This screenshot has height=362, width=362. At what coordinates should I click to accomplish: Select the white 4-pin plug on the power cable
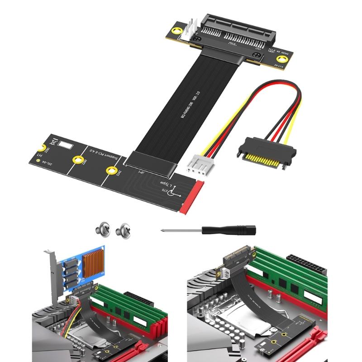pyautogui.click(x=199, y=168)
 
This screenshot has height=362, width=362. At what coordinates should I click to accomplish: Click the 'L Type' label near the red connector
pyautogui.click(x=165, y=186)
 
